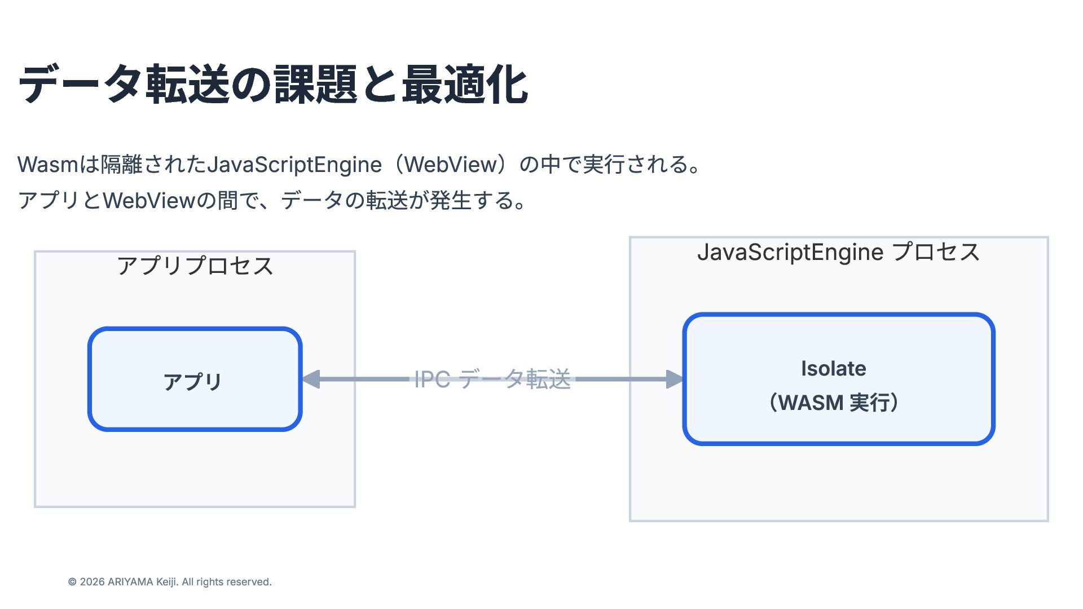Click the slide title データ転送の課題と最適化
[x=273, y=85]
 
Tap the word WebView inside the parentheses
[x=451, y=165]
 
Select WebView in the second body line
[x=149, y=200]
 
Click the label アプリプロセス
[x=195, y=266]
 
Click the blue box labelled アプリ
[x=195, y=379]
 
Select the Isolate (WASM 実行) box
[x=838, y=379]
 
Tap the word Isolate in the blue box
[x=834, y=369]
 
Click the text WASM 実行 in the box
[x=834, y=403]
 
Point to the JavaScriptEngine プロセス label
[x=838, y=251]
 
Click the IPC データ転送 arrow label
[x=492, y=379]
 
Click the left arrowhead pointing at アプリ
[x=311, y=379]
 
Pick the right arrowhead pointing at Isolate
[x=674, y=379]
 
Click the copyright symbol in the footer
[x=72, y=582]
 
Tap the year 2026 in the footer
[x=92, y=582]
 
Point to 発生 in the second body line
[x=450, y=200]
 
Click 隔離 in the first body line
[x=121, y=165]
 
